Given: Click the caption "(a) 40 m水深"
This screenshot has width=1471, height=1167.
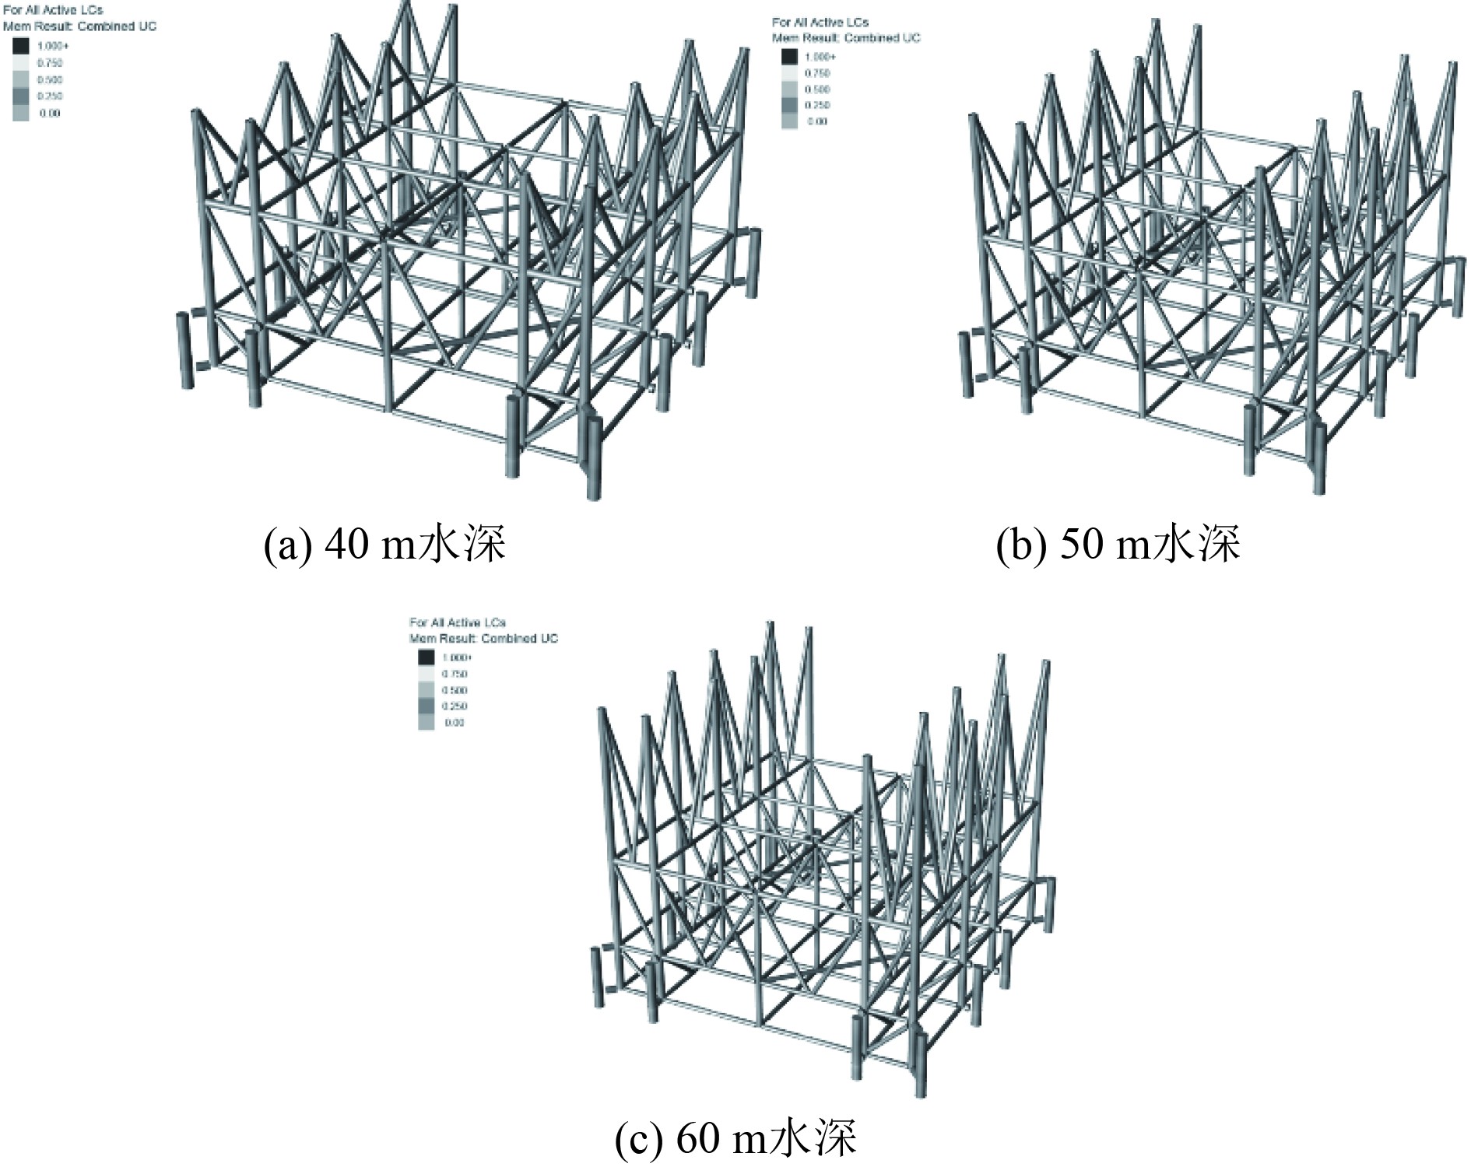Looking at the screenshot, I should coord(384,544).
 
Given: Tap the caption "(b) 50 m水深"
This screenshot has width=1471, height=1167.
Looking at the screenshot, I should coord(1118,544).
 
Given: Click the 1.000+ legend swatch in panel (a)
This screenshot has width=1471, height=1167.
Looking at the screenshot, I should coord(21,46).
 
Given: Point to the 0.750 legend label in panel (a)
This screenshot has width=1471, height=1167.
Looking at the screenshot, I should coord(50,63).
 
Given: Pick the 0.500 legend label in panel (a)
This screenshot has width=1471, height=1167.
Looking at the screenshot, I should coord(50,80).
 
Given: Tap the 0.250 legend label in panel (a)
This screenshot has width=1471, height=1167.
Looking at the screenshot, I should coord(50,96).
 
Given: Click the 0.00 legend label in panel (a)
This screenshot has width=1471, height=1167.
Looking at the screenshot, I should coord(50,114).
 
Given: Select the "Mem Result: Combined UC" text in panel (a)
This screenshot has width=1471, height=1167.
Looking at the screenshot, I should coord(79,26).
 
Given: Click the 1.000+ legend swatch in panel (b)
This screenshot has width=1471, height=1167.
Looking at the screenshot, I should coord(789,57).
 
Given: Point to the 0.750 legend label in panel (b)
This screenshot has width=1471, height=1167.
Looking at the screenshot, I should coord(817,73).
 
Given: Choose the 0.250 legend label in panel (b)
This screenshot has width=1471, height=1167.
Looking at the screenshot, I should coord(817,105).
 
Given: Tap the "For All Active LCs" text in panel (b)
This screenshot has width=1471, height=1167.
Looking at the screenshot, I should coord(820,23).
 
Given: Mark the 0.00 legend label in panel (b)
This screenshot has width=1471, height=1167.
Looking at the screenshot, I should coord(817,121).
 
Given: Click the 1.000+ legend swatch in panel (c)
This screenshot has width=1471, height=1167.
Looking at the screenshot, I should coord(427,657).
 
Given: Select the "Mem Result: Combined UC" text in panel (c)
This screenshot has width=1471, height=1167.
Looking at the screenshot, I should coord(484,639).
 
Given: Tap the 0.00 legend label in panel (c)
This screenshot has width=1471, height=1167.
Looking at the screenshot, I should coord(455,723).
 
